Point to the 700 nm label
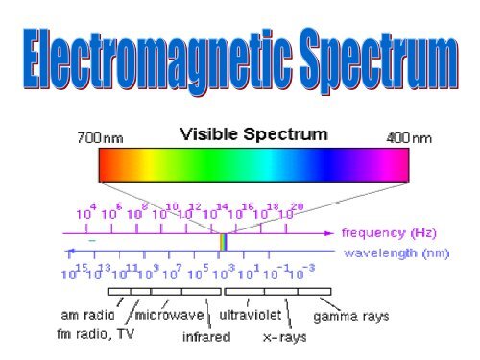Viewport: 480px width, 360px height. tap(99, 137)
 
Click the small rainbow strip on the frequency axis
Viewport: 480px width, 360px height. tap(223, 242)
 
